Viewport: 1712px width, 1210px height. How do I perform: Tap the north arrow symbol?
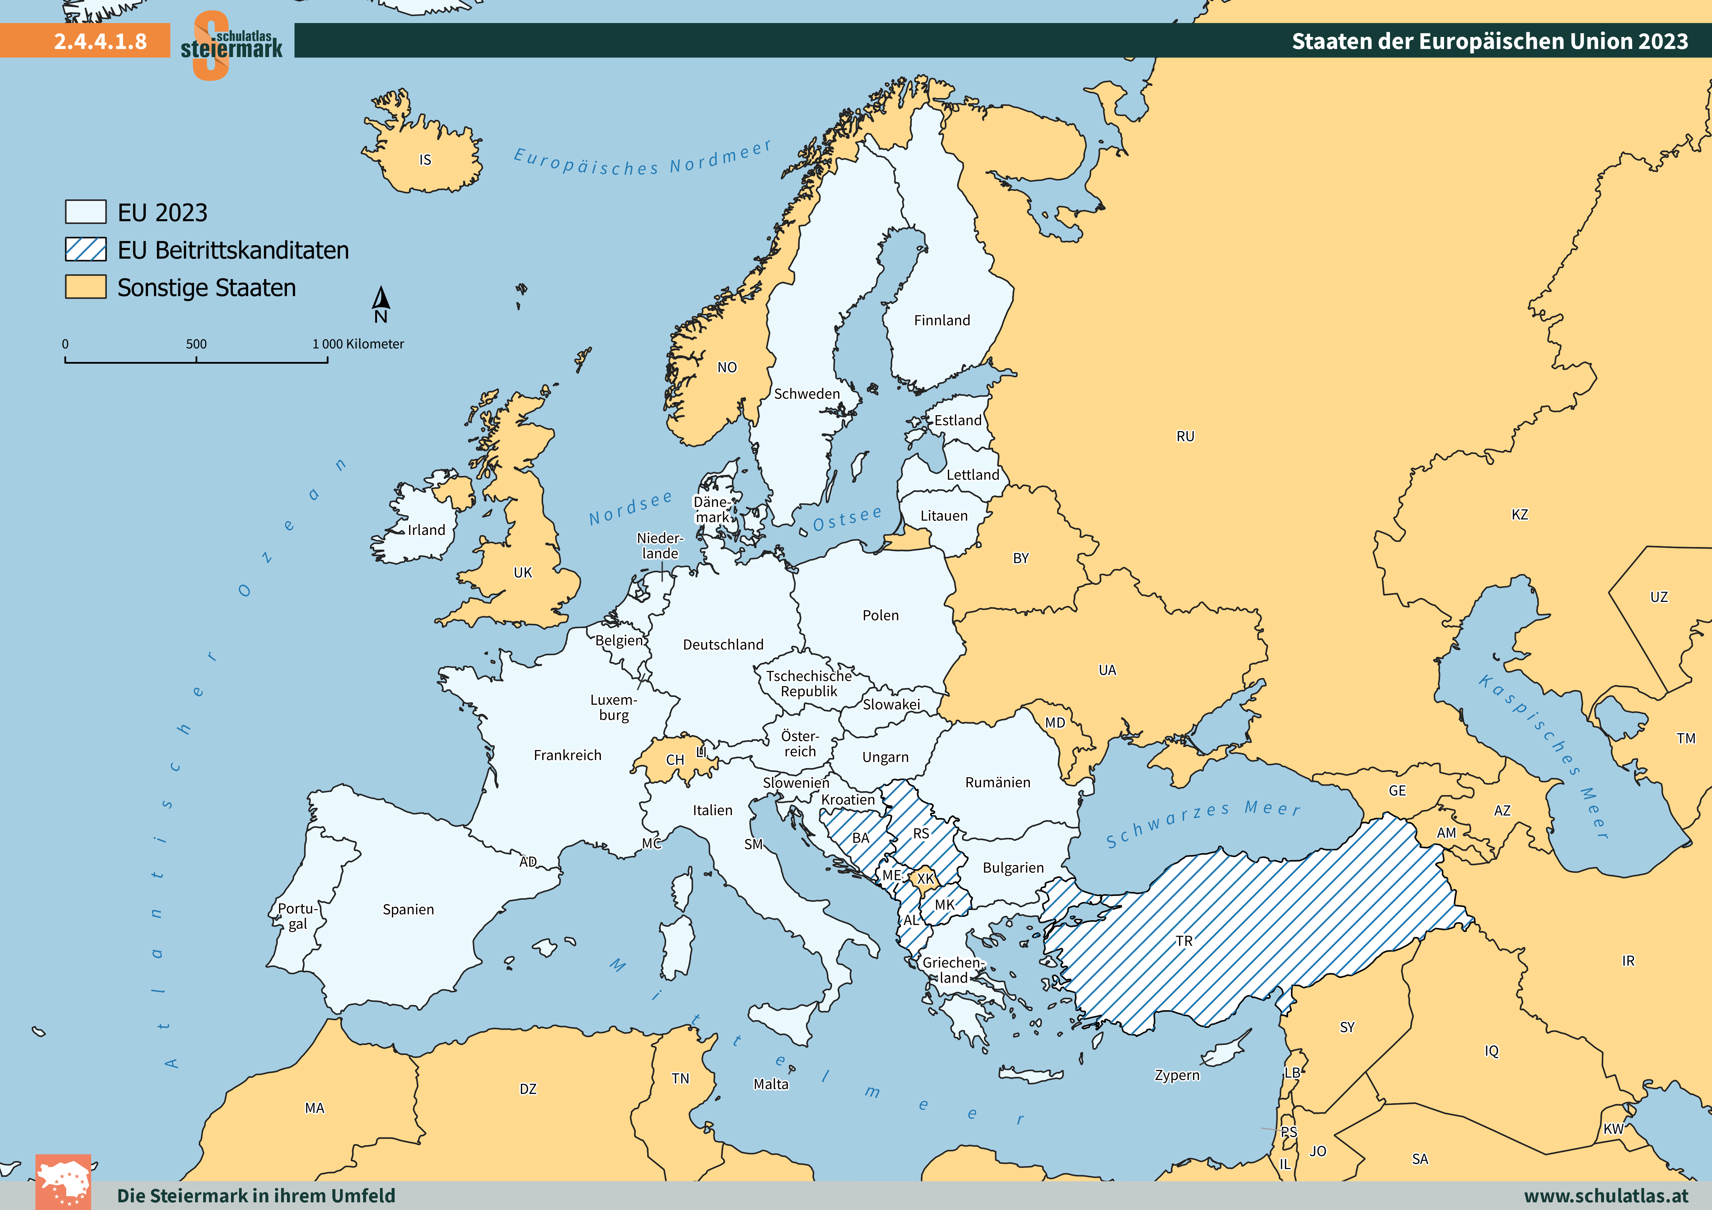point(381,300)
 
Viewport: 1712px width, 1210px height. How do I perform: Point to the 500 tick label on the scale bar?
point(196,344)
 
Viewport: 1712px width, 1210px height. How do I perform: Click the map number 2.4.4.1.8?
point(100,41)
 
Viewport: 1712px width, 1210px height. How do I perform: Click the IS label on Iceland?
point(425,160)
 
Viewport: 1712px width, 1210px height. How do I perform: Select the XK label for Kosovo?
point(925,878)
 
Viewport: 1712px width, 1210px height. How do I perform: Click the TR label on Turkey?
point(1184,941)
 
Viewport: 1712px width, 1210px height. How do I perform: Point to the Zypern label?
point(1176,1075)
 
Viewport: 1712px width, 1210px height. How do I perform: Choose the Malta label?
point(770,1084)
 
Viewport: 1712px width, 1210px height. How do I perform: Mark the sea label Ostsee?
point(847,518)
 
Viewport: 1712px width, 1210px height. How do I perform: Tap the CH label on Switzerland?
point(675,760)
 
